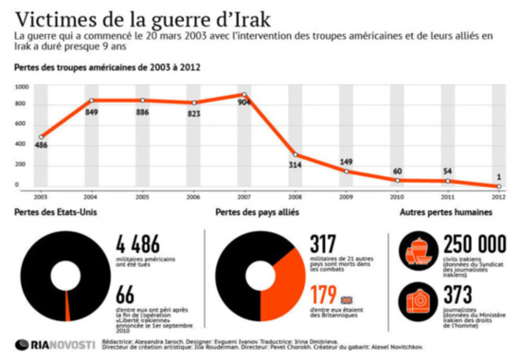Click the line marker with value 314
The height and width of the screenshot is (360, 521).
(296, 154)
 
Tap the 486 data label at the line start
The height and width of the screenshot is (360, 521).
(42, 146)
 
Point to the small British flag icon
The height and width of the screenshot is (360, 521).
(347, 299)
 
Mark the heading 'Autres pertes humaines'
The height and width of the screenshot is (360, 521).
(445, 213)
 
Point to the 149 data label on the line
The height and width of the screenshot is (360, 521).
(347, 162)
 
